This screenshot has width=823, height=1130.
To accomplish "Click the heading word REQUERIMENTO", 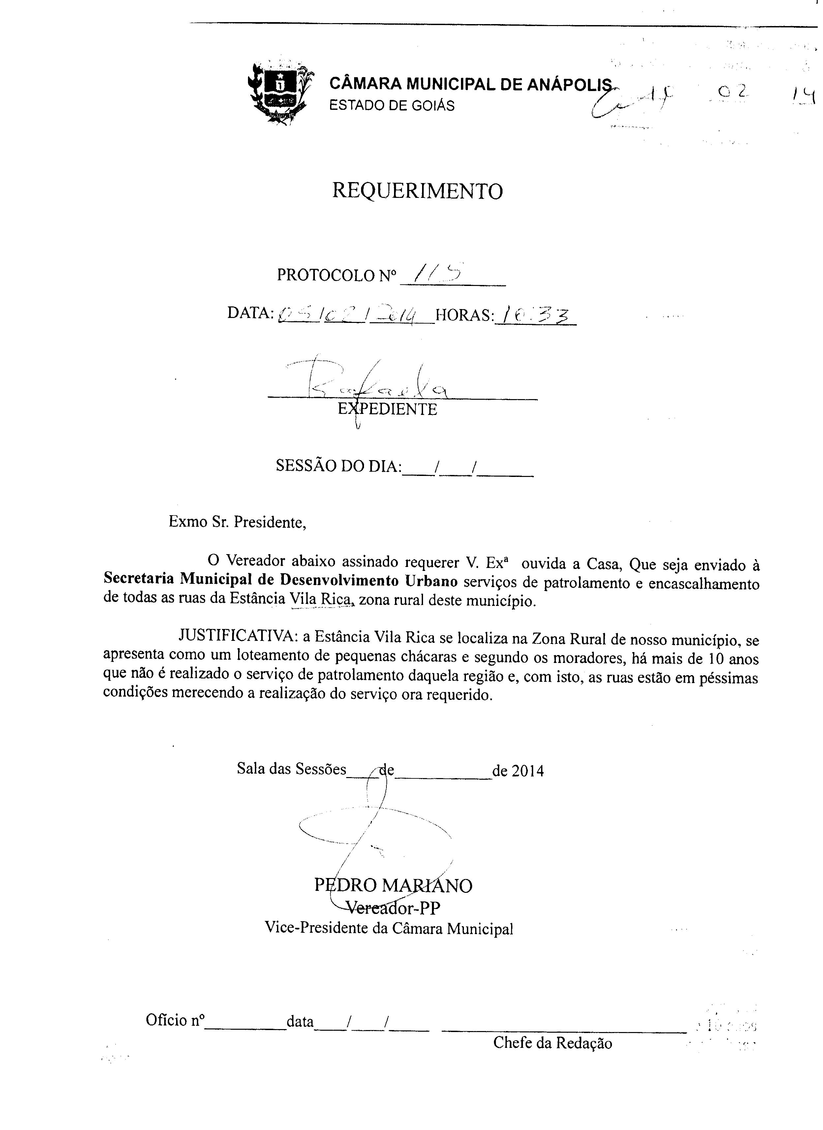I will pos(417,191).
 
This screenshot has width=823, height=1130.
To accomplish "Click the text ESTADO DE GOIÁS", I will pos(392,106).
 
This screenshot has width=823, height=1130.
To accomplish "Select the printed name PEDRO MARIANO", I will pos(393,885).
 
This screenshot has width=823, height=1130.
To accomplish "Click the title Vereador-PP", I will pos(393,908).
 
